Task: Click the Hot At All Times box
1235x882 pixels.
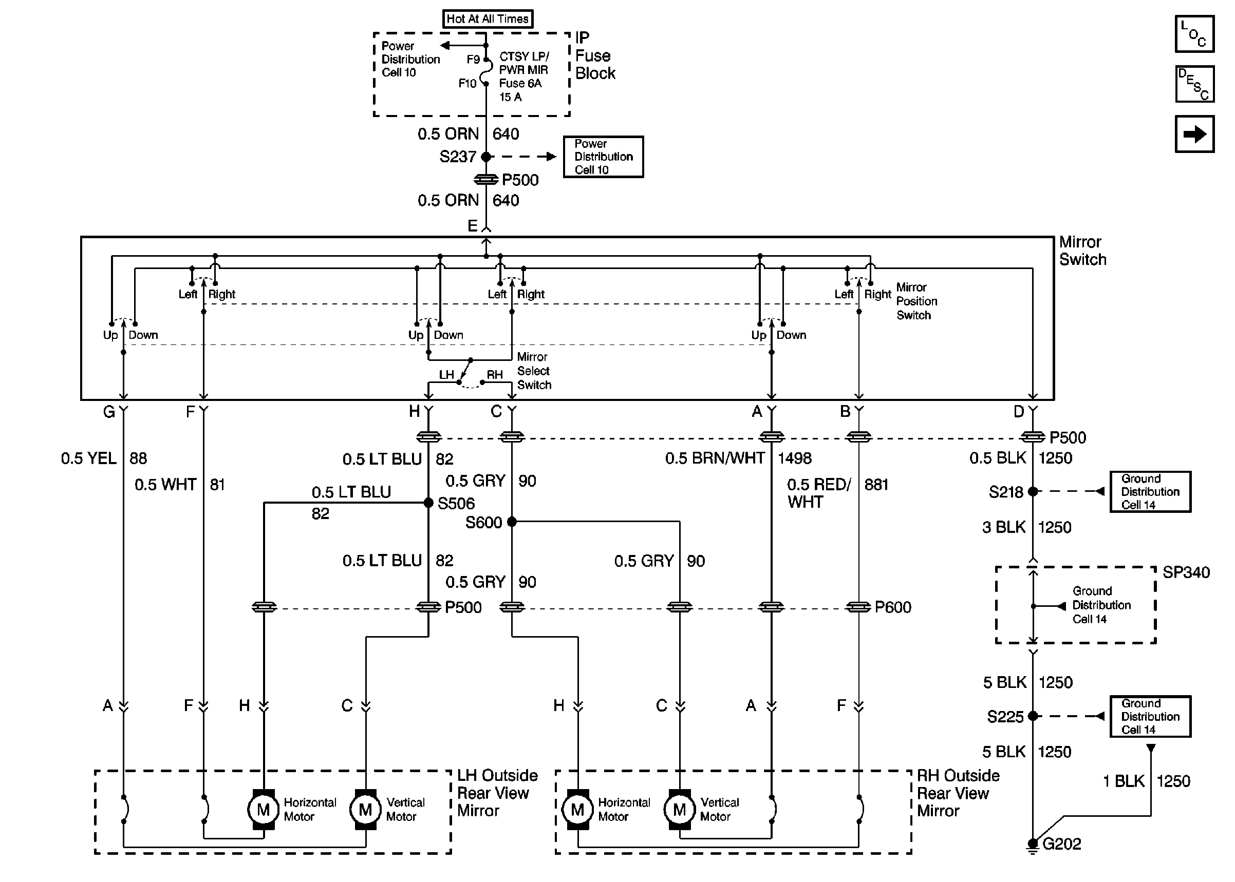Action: tap(488, 19)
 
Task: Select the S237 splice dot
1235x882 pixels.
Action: tap(486, 157)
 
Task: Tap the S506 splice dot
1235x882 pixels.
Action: tap(428, 503)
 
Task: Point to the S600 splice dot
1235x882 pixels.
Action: tap(511, 522)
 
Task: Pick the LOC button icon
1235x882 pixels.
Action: tap(1194, 34)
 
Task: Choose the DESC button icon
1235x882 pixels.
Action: tap(1194, 84)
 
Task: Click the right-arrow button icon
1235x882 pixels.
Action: tap(1194, 134)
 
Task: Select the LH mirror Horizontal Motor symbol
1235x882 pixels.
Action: tap(264, 810)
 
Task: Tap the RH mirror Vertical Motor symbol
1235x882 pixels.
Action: tap(679, 810)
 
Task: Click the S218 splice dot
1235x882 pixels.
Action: tap(1033, 491)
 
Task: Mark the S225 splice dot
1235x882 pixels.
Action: tap(1033, 716)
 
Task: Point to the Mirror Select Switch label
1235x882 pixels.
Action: tap(534, 371)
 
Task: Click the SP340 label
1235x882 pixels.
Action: tap(1186, 572)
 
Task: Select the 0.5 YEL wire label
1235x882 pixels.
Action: tap(88, 458)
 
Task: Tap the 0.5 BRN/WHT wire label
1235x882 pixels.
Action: tap(715, 458)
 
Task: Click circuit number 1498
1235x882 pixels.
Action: tap(794, 458)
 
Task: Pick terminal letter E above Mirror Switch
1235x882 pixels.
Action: tap(472, 226)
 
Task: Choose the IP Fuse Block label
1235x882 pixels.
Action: tap(594, 55)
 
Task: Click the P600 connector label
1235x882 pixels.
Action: tap(892, 607)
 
